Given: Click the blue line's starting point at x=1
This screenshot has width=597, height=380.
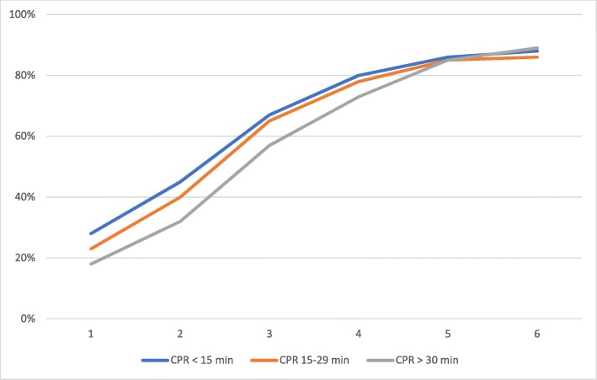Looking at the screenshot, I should click(90, 233).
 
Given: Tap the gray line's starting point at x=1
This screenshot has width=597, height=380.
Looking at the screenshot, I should click(90, 264).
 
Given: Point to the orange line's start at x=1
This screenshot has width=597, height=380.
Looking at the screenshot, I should click(90, 249).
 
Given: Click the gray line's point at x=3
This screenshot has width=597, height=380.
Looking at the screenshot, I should click(269, 146).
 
